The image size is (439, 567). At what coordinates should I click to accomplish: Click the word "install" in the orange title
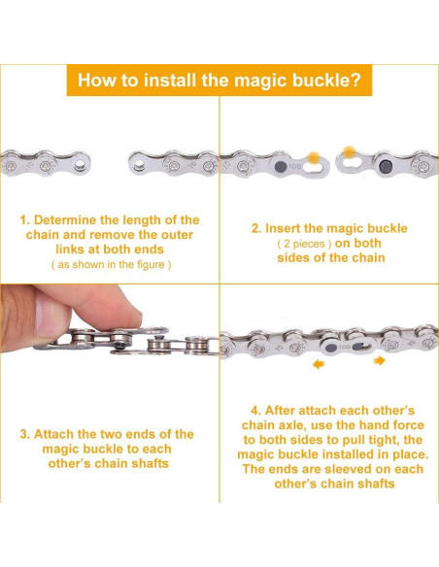click(170, 80)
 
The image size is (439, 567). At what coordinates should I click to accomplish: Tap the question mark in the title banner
click(356, 80)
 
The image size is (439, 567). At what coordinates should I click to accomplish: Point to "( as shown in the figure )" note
click(111, 265)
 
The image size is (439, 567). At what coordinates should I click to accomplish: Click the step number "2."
click(256, 228)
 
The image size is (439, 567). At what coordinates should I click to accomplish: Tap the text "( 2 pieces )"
click(304, 244)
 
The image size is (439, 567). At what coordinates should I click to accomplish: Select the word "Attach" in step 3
click(52, 434)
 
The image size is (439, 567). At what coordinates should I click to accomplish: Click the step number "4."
click(255, 411)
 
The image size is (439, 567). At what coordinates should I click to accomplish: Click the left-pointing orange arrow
click(319, 364)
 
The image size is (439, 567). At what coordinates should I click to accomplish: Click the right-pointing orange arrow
click(380, 360)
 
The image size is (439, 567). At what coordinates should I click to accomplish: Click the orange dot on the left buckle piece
click(314, 158)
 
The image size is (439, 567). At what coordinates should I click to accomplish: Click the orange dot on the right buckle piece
click(349, 152)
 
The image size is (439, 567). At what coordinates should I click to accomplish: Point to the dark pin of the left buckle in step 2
click(281, 167)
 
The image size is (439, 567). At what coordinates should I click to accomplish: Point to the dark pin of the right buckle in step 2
click(384, 167)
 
